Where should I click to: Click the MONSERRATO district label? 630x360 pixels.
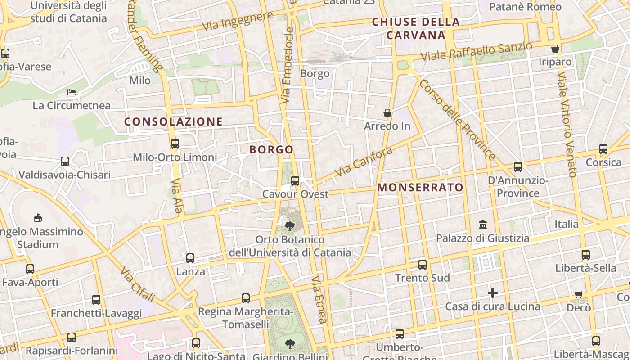tap(420, 188)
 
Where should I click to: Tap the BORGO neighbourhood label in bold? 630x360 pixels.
tap(271, 150)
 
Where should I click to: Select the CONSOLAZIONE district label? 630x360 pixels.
tap(173, 122)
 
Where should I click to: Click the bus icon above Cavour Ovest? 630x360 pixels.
tap(295, 181)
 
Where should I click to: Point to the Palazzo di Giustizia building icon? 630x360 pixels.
tap(483, 224)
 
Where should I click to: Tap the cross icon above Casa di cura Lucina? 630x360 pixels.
tap(493, 293)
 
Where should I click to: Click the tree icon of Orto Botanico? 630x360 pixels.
tap(289, 226)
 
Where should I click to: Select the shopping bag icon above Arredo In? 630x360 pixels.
tap(387, 112)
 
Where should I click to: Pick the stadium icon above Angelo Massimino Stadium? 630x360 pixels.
tap(38, 218)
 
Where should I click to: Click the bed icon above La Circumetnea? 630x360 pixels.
tap(72, 92)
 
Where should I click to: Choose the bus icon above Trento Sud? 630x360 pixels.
tap(422, 265)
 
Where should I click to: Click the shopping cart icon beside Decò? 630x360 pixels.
tap(578, 294)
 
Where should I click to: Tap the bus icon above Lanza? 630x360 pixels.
tap(190, 258)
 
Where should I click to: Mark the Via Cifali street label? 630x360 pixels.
tap(138, 284)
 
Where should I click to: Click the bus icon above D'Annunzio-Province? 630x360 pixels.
tap(518, 167)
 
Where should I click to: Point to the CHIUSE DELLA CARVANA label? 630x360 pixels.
tap(416, 28)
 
